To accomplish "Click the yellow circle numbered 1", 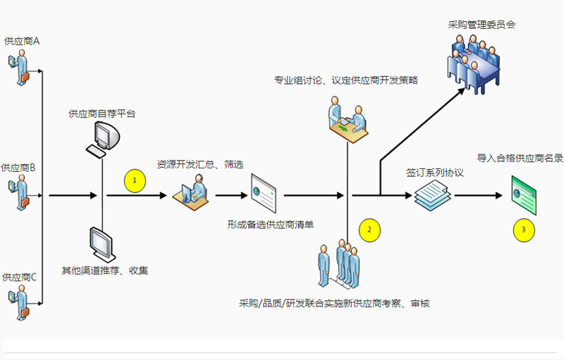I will [x=135, y=181].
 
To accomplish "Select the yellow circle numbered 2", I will [x=369, y=228].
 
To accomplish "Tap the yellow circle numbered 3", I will [x=522, y=228].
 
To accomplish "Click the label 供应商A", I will [x=22, y=42].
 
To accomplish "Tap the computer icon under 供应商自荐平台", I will [x=101, y=138].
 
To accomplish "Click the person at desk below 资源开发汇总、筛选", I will [x=191, y=190].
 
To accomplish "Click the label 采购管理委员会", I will [x=482, y=25].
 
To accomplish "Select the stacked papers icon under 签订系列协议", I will [x=431, y=196].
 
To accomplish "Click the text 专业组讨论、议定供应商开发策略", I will [x=346, y=80].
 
